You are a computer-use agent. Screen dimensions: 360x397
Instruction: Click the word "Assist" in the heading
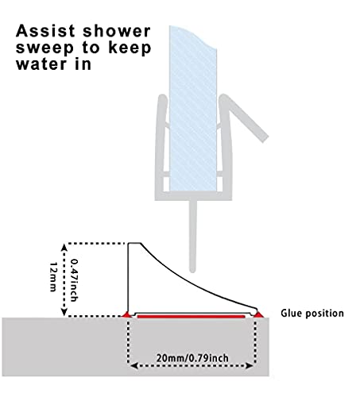(45, 31)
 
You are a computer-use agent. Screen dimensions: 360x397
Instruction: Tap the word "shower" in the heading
(117, 31)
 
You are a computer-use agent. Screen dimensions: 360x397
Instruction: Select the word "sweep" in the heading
(45, 48)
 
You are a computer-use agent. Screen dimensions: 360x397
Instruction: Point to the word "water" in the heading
(41, 64)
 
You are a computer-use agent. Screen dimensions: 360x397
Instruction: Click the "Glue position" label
(312, 314)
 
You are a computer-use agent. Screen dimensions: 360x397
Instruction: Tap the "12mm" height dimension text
(53, 277)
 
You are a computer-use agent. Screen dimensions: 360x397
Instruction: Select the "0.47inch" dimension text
(74, 280)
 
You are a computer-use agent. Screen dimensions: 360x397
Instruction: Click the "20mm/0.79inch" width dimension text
(192, 358)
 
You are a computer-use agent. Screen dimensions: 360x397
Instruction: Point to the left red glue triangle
(126, 314)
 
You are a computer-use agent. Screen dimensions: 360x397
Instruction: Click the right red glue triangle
(258, 314)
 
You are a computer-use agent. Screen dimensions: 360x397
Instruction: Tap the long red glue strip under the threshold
(192, 316)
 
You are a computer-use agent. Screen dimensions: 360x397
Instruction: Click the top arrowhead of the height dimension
(64, 248)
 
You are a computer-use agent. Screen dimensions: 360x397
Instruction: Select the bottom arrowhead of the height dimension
(64, 312)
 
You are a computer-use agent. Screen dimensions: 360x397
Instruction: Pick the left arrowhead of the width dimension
(134, 366)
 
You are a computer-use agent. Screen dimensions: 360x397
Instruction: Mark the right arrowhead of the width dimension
(250, 366)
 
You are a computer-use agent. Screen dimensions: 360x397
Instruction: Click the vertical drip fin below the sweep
(193, 237)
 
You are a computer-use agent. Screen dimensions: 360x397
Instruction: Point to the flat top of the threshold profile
(134, 243)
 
